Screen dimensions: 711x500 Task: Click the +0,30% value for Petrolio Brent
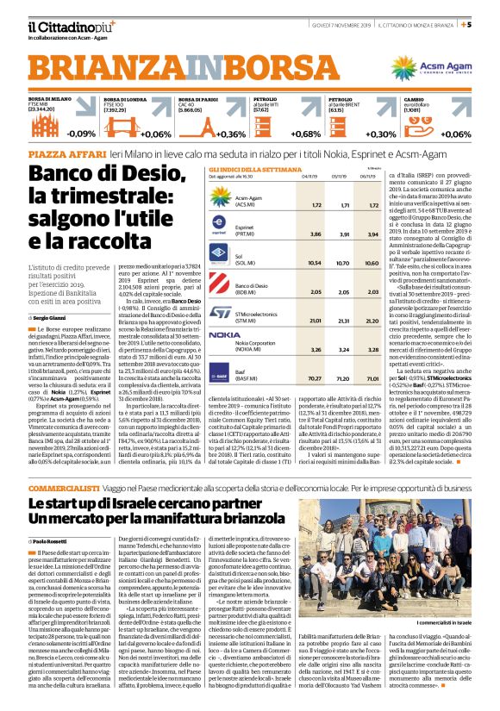pyautogui.click(x=381, y=134)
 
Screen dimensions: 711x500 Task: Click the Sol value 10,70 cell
pyautogui.click(x=344, y=263)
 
